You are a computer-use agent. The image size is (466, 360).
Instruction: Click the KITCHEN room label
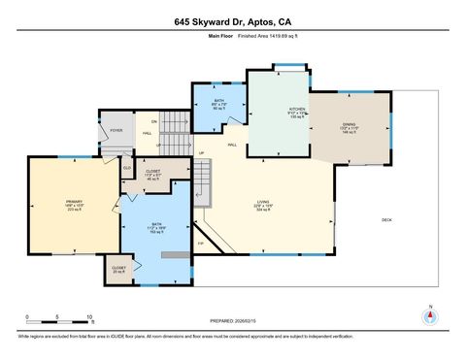[x=298, y=112]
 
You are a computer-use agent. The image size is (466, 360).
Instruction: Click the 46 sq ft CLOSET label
[x=152, y=174]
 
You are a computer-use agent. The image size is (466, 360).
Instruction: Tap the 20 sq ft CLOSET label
[x=118, y=269]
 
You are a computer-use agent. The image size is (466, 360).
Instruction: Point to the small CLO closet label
[x=127, y=168]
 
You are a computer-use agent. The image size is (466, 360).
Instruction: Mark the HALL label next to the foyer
[x=148, y=133]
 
